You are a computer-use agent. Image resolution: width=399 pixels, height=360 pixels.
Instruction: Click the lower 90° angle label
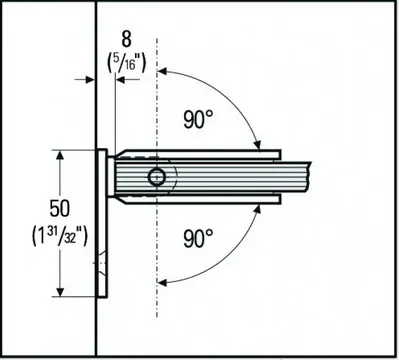click(199, 238)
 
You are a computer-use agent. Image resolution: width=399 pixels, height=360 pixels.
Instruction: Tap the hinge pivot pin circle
click(156, 178)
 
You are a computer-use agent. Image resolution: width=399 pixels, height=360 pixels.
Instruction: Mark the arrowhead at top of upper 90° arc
click(162, 72)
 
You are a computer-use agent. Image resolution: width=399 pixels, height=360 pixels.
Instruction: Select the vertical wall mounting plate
click(102, 225)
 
